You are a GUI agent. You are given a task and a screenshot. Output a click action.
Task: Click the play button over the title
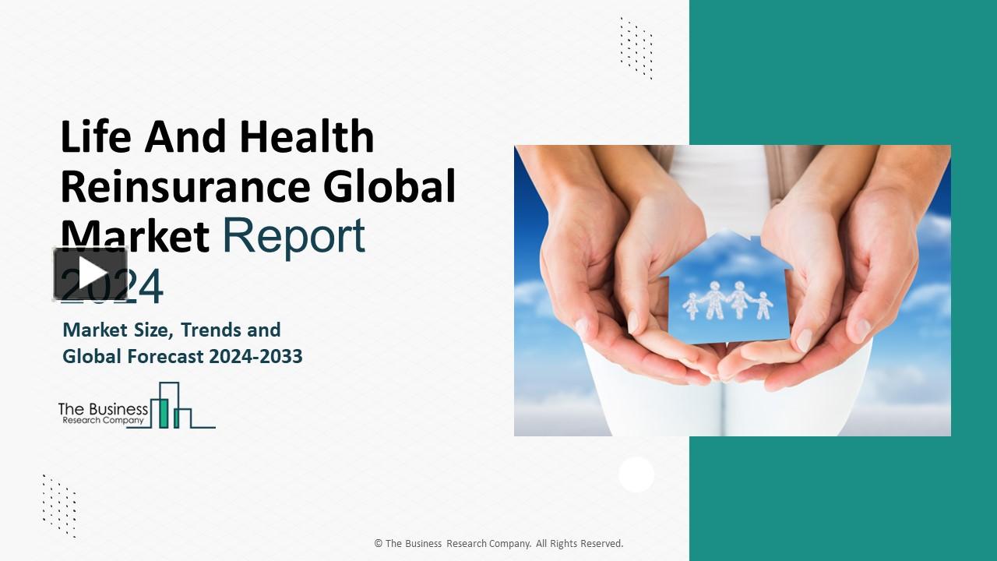90,273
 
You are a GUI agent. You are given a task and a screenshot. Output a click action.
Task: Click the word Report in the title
294,235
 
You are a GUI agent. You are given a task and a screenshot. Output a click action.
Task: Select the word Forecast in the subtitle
165,357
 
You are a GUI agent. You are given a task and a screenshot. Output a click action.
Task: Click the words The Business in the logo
103,408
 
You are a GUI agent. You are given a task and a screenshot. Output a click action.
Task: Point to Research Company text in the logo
103,420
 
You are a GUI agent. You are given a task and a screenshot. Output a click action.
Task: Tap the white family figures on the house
727,300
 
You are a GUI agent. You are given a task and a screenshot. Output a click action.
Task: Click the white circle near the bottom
636,475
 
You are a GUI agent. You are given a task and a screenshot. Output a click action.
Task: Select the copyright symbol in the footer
378,544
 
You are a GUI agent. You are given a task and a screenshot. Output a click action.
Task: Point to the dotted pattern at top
636,48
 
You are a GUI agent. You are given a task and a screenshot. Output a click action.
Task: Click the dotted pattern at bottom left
59,505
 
